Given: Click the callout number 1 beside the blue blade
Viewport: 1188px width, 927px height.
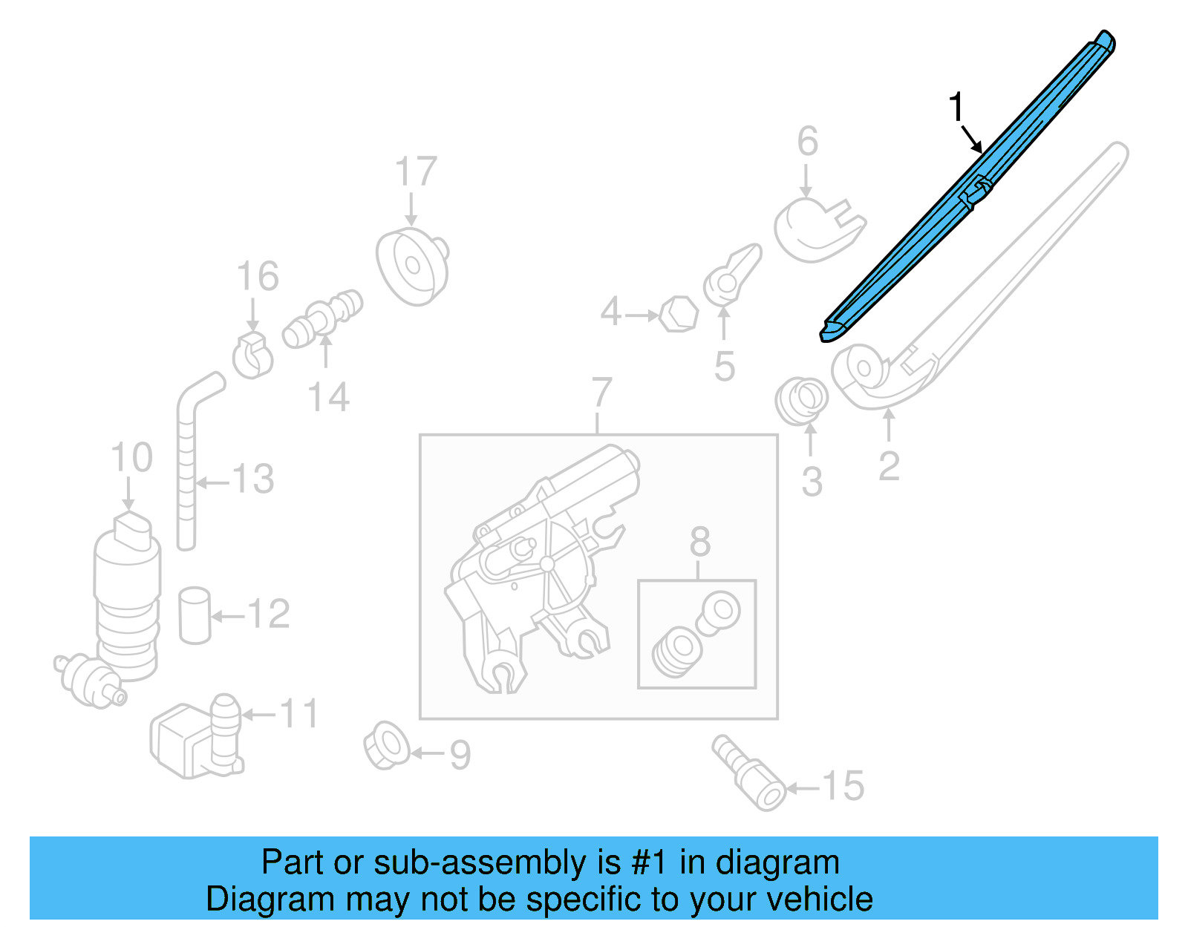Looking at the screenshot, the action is [x=957, y=108].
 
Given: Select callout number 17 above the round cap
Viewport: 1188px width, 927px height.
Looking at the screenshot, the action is [x=416, y=172].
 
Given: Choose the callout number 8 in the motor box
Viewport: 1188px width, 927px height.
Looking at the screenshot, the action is [x=699, y=542].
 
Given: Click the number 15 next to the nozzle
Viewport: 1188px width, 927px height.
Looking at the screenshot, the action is [x=843, y=785].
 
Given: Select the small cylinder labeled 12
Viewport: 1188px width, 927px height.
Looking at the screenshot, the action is [x=195, y=615].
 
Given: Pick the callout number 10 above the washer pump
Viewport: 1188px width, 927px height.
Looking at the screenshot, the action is [x=131, y=457].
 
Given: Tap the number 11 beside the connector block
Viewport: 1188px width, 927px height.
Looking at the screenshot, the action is [x=299, y=714].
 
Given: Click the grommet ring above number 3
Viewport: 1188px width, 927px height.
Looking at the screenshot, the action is [x=802, y=399].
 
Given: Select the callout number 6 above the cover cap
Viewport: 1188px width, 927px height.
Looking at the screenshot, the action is [x=808, y=141].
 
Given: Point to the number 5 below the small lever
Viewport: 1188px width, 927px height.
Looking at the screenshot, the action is [x=725, y=367].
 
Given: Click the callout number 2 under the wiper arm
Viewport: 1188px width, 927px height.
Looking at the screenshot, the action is [x=889, y=466].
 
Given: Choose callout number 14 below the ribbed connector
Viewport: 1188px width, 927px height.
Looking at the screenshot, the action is [x=328, y=398].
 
